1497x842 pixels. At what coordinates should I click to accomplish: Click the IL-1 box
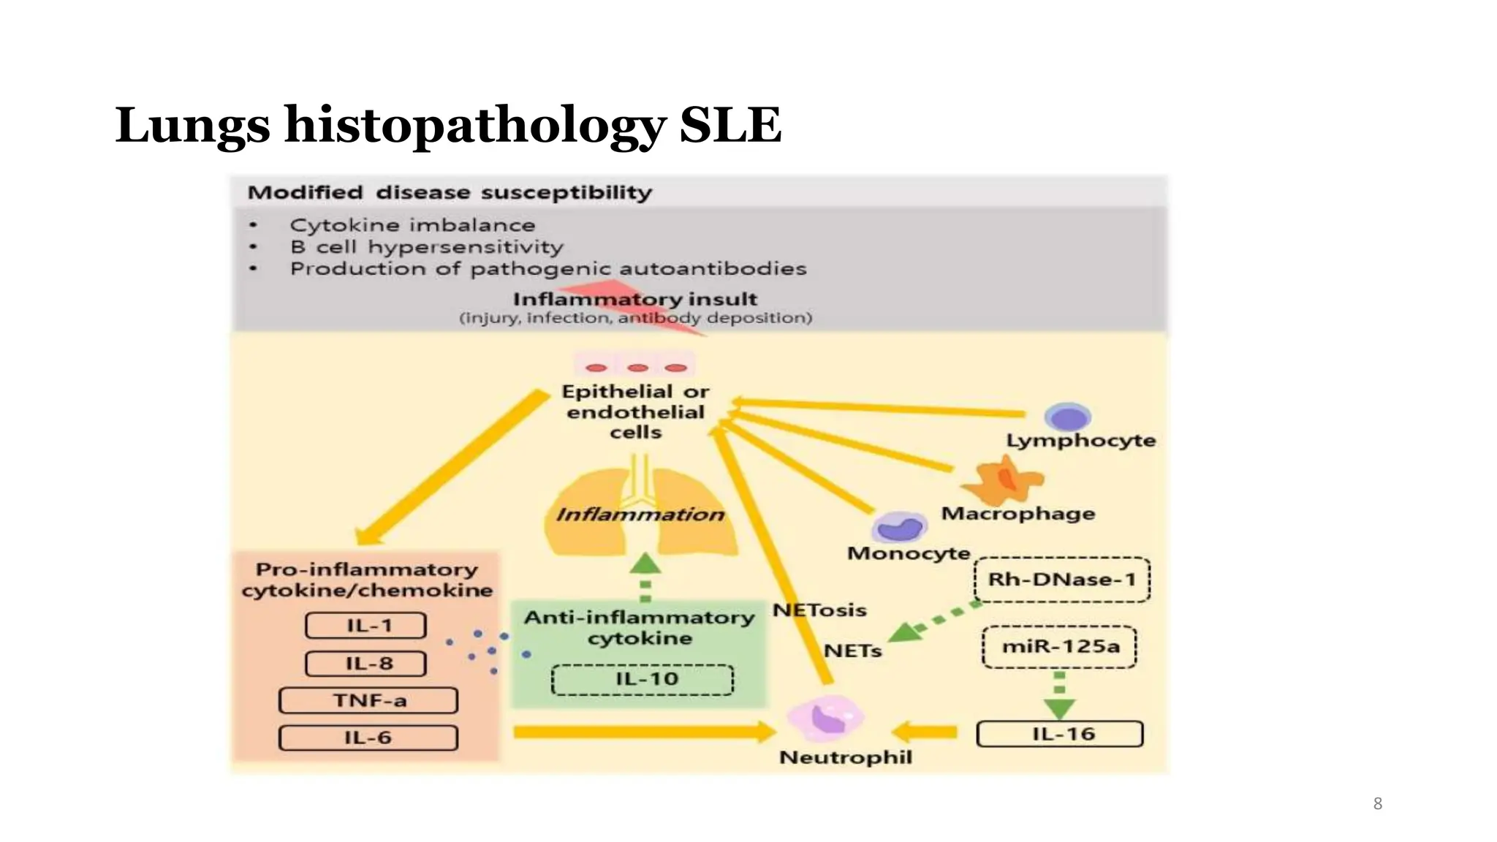click(365, 626)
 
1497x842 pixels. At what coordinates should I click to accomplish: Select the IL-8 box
click(365, 664)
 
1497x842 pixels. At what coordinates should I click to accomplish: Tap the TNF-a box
click(368, 701)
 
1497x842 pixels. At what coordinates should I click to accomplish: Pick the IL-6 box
click(368, 737)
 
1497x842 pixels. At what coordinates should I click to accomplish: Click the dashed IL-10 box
click(643, 680)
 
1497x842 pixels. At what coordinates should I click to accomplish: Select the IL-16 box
click(1060, 734)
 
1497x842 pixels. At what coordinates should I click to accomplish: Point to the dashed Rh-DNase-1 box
click(1062, 580)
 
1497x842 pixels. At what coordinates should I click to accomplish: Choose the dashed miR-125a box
click(1059, 647)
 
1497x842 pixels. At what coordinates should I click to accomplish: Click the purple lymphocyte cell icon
click(1068, 417)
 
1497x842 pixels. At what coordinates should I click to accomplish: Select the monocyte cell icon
click(900, 526)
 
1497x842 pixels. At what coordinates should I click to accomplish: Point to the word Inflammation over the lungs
click(640, 515)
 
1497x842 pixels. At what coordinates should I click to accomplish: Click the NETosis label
click(819, 610)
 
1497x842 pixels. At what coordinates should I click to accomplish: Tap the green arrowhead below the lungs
click(645, 564)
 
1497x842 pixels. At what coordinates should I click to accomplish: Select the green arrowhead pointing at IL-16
click(1059, 708)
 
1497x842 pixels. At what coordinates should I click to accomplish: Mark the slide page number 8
click(1377, 804)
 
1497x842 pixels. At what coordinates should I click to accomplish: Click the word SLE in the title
click(730, 124)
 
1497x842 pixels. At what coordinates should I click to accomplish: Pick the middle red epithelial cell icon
click(637, 368)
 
